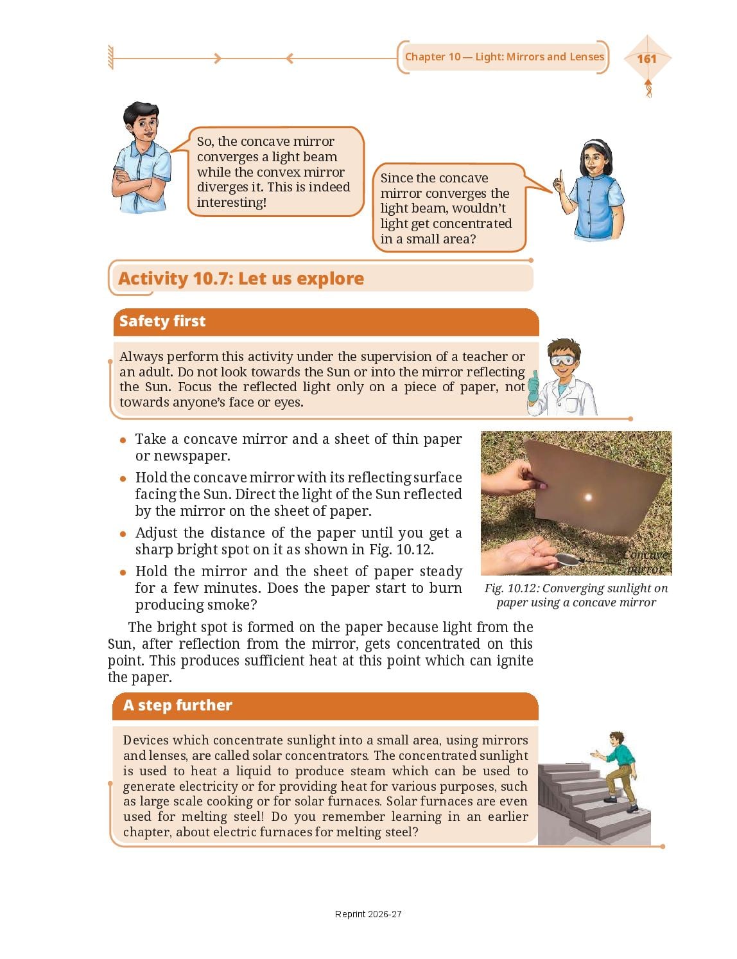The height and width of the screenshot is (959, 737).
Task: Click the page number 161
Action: [646, 58]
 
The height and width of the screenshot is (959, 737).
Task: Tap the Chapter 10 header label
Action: [505, 57]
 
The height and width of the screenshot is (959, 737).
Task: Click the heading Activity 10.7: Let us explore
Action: [241, 279]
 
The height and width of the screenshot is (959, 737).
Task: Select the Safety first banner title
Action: [162, 321]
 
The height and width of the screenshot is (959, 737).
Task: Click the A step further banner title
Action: [177, 705]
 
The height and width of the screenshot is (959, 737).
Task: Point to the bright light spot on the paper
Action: [587, 497]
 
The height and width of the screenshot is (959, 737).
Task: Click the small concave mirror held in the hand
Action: [566, 559]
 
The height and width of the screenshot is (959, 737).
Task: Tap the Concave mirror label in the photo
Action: [646, 561]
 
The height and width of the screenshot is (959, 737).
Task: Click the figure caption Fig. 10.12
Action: [576, 595]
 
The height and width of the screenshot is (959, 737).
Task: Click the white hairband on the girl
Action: [597, 144]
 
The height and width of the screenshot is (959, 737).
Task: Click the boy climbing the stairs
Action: [616, 771]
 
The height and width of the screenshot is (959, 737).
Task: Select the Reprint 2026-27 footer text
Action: [368, 914]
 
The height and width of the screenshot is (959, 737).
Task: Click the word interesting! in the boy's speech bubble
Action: [232, 202]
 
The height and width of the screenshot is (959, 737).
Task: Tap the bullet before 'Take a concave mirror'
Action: [123, 440]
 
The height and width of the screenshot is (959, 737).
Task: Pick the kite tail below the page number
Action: [648, 88]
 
